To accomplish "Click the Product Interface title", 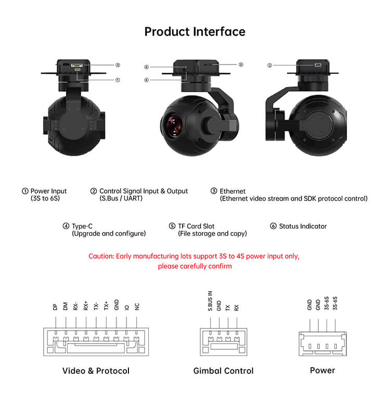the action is tap(195, 32).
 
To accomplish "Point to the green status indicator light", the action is tap(186, 67).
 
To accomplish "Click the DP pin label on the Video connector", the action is tap(55, 307).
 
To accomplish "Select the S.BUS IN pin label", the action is tap(210, 301).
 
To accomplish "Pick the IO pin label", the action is tap(127, 308).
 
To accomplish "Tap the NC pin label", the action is tap(137, 307).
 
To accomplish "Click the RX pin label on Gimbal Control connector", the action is tap(236, 308).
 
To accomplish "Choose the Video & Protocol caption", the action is tap(96, 371).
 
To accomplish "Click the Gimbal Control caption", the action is tap(223, 371).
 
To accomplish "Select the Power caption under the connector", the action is tap(322, 370).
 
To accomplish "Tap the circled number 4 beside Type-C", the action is tap(66, 226).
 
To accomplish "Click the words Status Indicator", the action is tap(303, 226).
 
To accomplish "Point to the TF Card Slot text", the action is tap(196, 226).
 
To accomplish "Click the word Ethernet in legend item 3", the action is tap(232, 191).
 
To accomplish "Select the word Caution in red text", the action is tap(101, 256).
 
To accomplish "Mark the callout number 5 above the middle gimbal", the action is tap(241, 65).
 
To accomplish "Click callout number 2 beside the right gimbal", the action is tap(269, 66).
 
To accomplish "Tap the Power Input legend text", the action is tap(48, 191).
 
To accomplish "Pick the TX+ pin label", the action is tap(106, 306).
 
